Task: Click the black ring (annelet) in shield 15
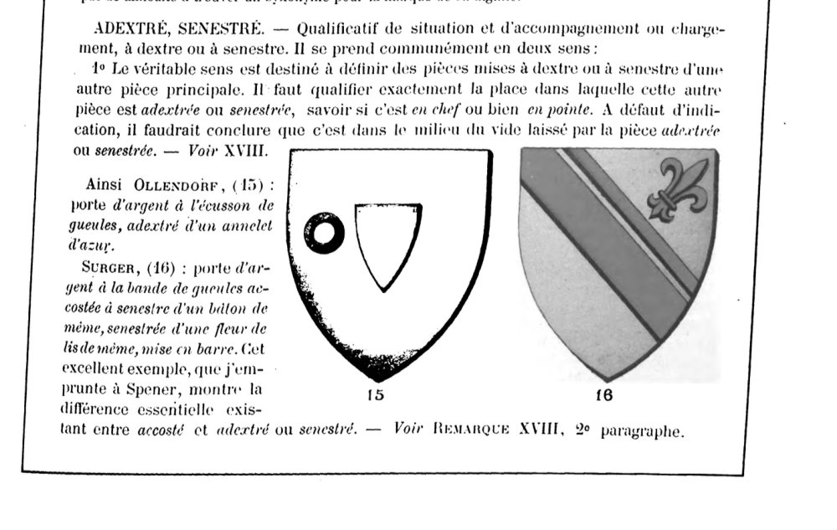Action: (x=324, y=232)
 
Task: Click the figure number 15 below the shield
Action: (x=376, y=394)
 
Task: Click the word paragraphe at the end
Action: (x=642, y=433)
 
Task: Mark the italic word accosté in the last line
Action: (x=158, y=432)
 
